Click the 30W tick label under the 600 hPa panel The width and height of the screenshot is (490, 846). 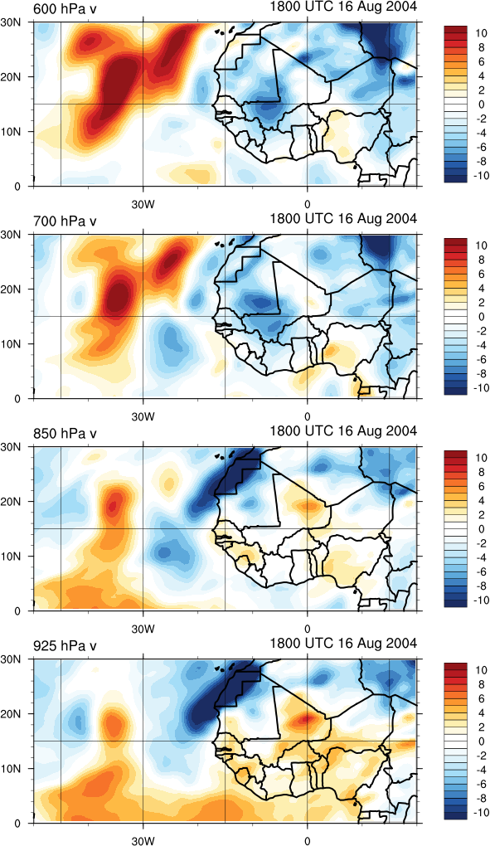143,205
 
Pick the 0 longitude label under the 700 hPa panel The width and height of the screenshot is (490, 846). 308,417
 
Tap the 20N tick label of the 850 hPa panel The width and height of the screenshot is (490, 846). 19,501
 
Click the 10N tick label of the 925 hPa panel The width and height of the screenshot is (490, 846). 19,768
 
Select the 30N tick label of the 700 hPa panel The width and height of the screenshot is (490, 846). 19,235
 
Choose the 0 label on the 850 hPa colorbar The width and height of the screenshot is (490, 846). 482,528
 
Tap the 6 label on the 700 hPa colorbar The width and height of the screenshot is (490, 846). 482,274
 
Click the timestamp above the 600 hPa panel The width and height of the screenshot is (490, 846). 343,7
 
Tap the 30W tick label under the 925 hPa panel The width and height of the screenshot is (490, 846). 143,840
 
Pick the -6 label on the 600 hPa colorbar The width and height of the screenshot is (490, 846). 480,147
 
